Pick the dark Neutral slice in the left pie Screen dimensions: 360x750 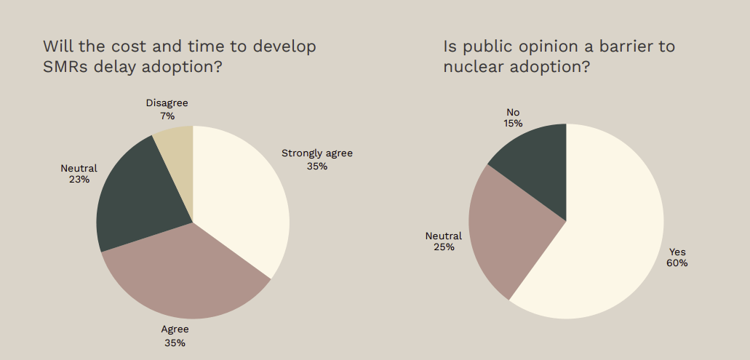point(135,196)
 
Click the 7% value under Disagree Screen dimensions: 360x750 point(167,116)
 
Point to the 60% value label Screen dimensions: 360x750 point(677,263)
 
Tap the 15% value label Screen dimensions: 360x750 point(514,124)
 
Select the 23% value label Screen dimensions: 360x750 point(79,180)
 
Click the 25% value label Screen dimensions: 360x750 point(444,247)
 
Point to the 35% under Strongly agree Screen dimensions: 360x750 point(317,166)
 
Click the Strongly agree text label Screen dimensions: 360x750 point(317,153)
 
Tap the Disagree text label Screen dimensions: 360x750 point(167,103)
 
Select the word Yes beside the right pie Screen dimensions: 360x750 point(677,252)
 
